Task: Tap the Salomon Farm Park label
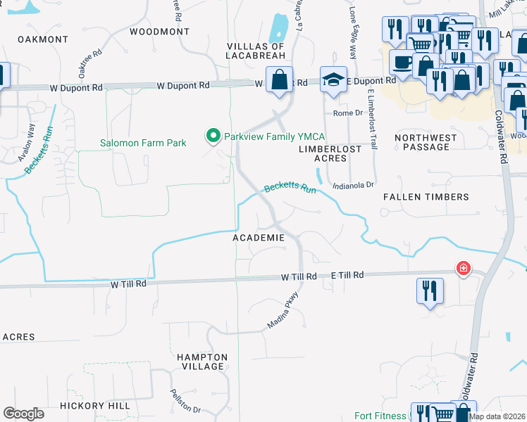143,143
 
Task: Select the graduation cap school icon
333,80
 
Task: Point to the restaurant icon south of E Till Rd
429,291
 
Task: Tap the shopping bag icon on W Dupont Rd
279,80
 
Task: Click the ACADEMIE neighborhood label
259,238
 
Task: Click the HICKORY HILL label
95,406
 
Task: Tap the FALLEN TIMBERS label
426,198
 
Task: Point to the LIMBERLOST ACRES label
330,153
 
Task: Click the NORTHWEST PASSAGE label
422,142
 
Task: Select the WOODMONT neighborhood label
160,32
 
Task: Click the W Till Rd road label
128,284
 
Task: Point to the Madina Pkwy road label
284,309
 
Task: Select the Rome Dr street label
347,113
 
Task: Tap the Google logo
23,413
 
